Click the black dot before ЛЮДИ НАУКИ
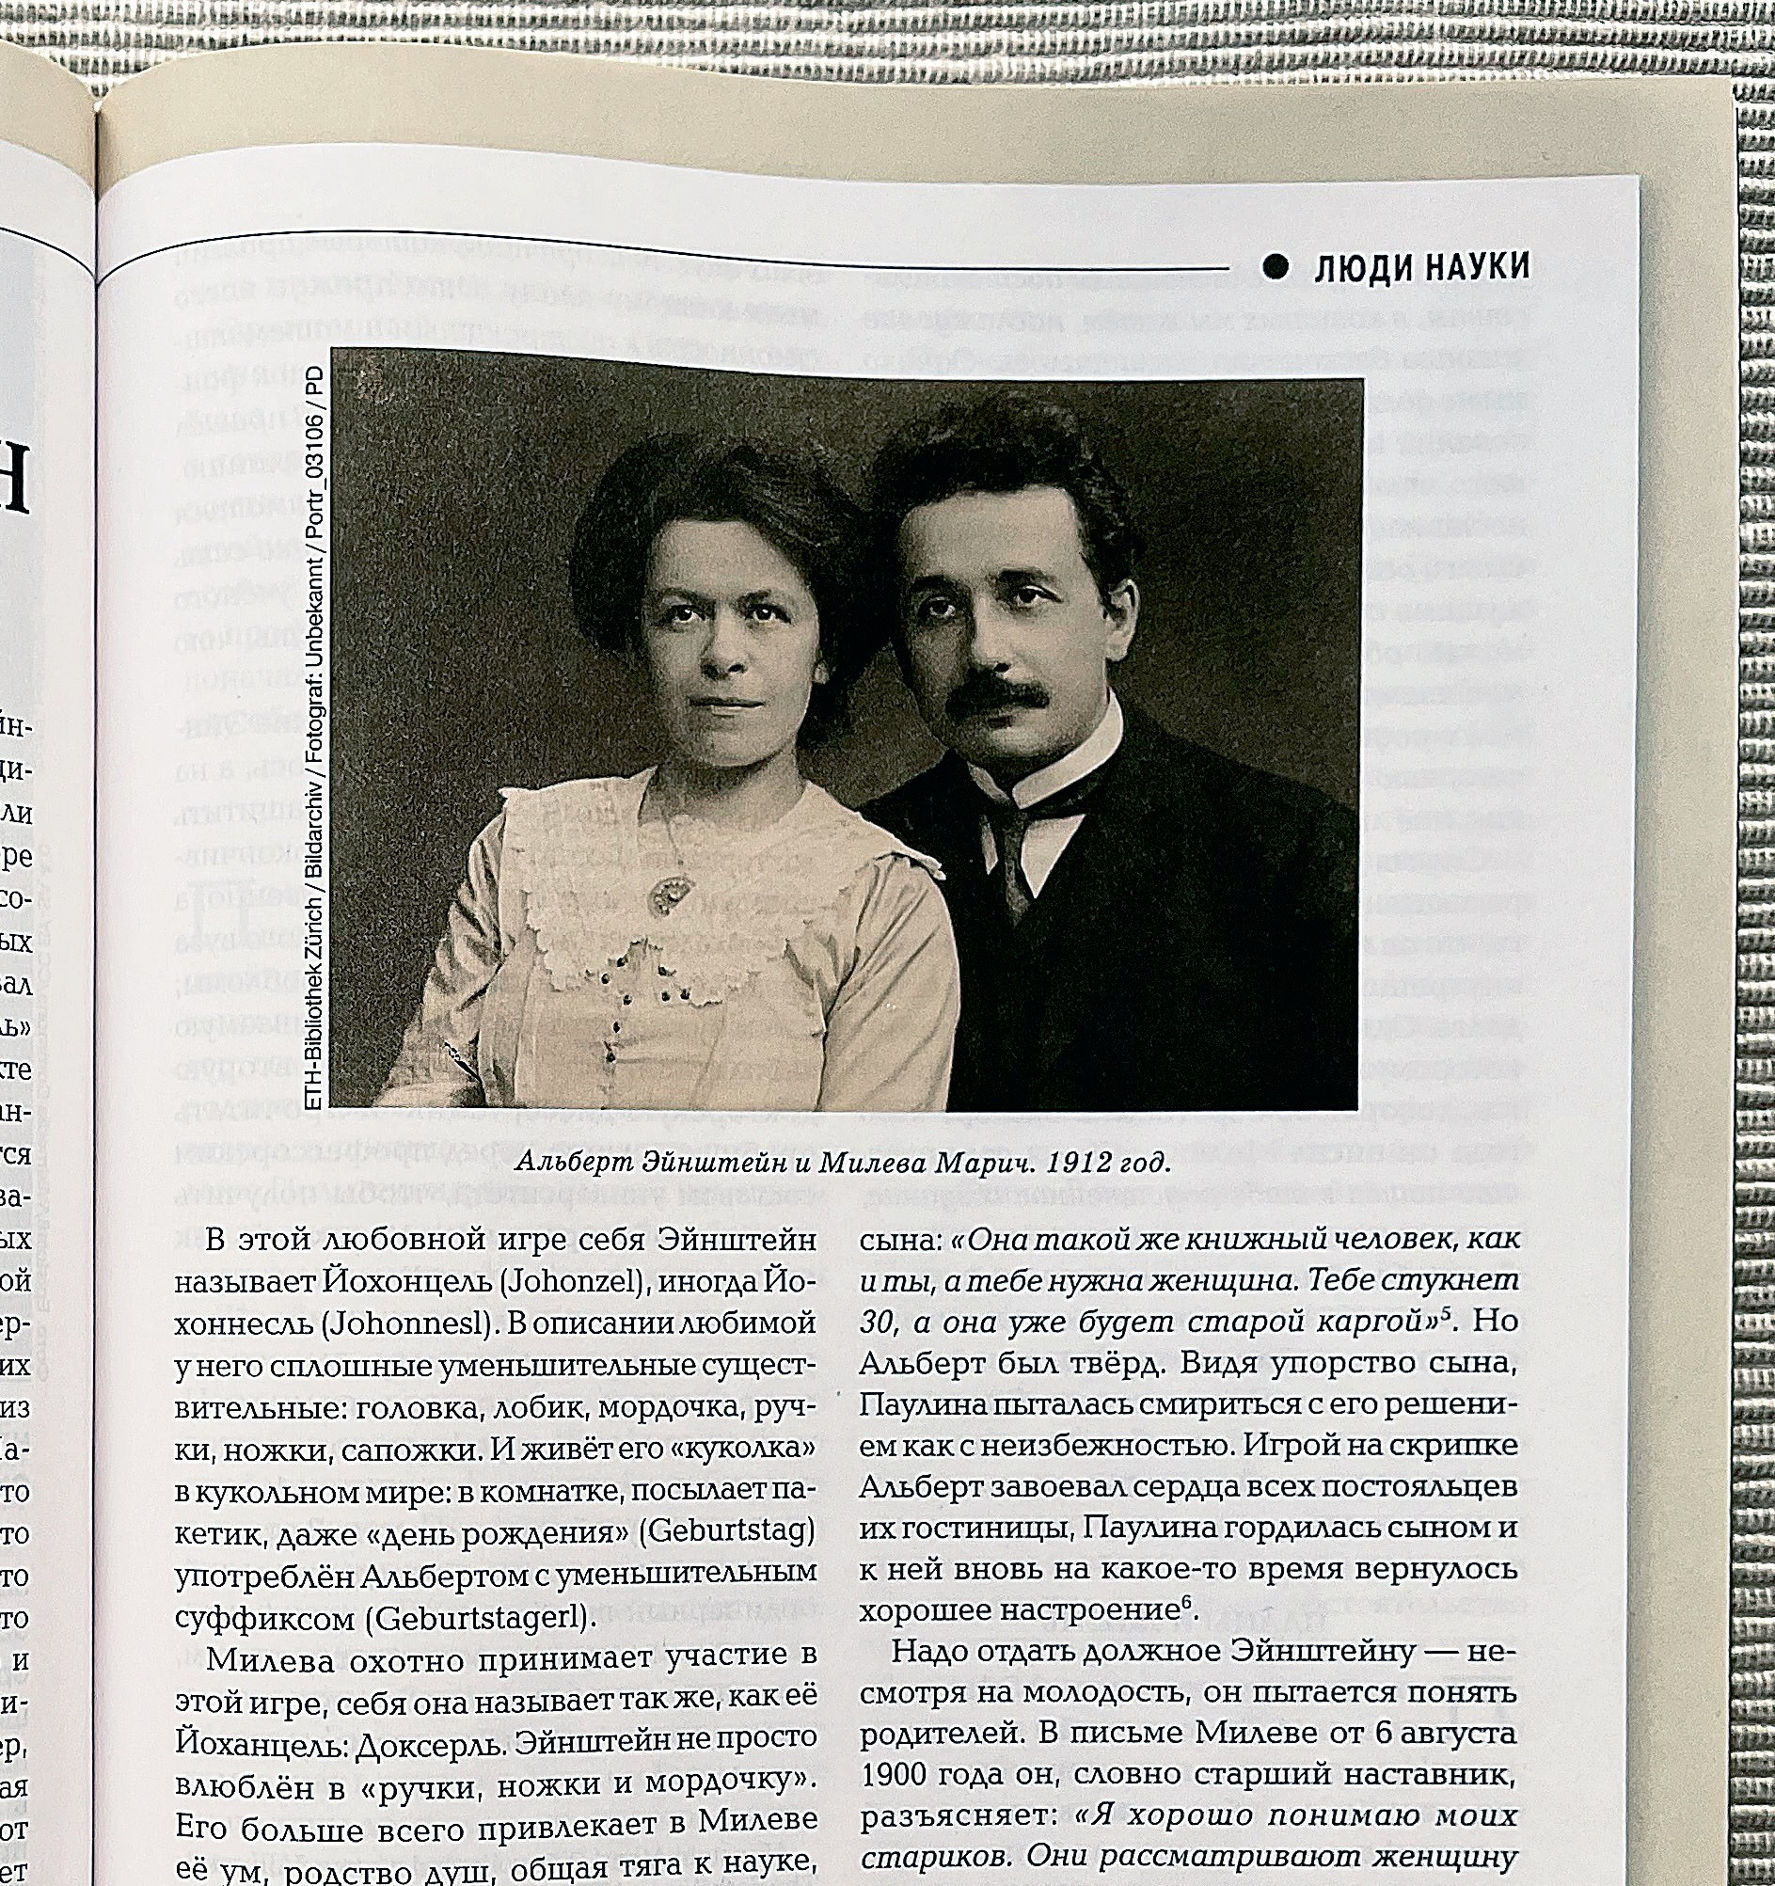point(1277,269)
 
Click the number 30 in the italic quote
point(877,1323)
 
